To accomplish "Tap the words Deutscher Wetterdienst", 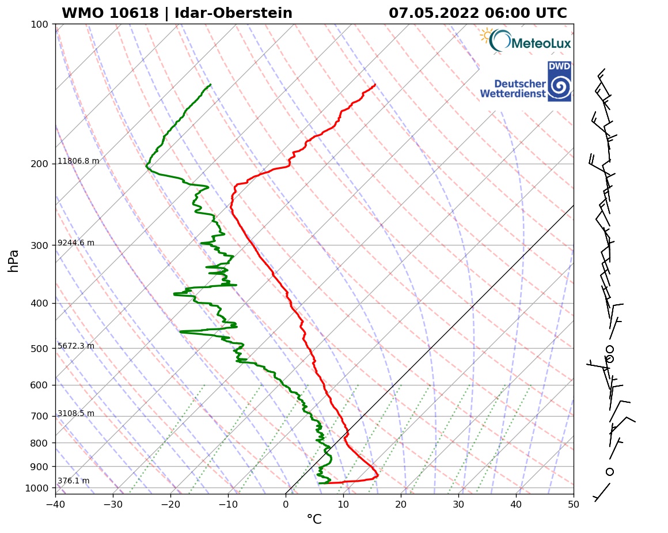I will pyautogui.click(x=513, y=89).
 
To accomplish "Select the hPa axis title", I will pyautogui.click(x=14, y=260).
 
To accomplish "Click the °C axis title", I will pyautogui.click(x=314, y=520).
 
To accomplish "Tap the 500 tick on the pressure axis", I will pyautogui.click(x=40, y=349).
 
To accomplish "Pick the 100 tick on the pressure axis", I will pyautogui.click(x=40, y=24).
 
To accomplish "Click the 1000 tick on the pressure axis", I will pyautogui.click(x=37, y=489).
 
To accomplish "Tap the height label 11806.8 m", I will pyautogui.click(x=78, y=161).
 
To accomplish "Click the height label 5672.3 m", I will pyautogui.click(x=76, y=346).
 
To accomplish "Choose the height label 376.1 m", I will pyautogui.click(x=73, y=481).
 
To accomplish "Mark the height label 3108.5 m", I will pyautogui.click(x=76, y=414).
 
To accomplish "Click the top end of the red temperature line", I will pyautogui.click(x=375, y=85).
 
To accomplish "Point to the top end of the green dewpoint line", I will pyautogui.click(x=210, y=85).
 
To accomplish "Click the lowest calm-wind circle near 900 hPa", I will pyautogui.click(x=610, y=471).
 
